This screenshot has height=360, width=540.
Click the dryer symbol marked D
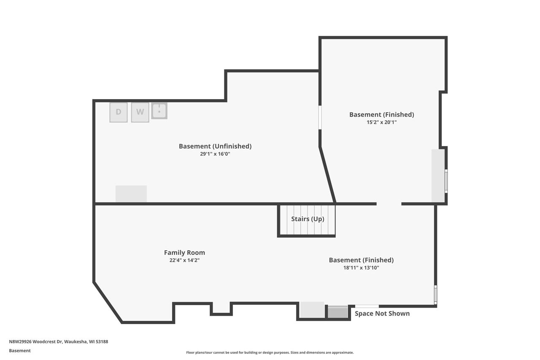(x=119, y=112)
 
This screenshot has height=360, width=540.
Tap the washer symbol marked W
(x=140, y=112)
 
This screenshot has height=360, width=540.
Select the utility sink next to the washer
(x=159, y=111)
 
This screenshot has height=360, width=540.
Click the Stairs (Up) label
(x=308, y=219)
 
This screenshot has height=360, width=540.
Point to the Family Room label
(x=184, y=253)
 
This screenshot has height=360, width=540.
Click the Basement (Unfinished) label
(x=215, y=146)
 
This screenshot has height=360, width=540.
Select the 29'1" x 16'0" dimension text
(x=215, y=154)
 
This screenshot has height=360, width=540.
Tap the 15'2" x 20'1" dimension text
(x=381, y=122)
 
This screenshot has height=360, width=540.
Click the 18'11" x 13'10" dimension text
(x=361, y=268)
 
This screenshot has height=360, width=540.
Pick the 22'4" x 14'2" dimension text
(x=184, y=260)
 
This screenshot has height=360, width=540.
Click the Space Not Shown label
(x=382, y=314)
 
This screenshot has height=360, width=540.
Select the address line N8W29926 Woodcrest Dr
(x=59, y=342)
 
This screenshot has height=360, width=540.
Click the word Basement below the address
(x=20, y=351)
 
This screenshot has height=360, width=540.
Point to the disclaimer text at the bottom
(x=270, y=352)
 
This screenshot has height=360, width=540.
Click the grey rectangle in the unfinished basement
(x=131, y=194)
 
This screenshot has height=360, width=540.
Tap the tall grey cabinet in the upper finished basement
(x=438, y=176)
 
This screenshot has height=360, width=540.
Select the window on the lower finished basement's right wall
(x=435, y=295)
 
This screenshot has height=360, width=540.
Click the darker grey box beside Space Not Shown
(x=338, y=312)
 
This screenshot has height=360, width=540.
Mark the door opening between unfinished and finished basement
(x=320, y=117)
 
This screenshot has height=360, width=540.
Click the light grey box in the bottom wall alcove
(x=312, y=310)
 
